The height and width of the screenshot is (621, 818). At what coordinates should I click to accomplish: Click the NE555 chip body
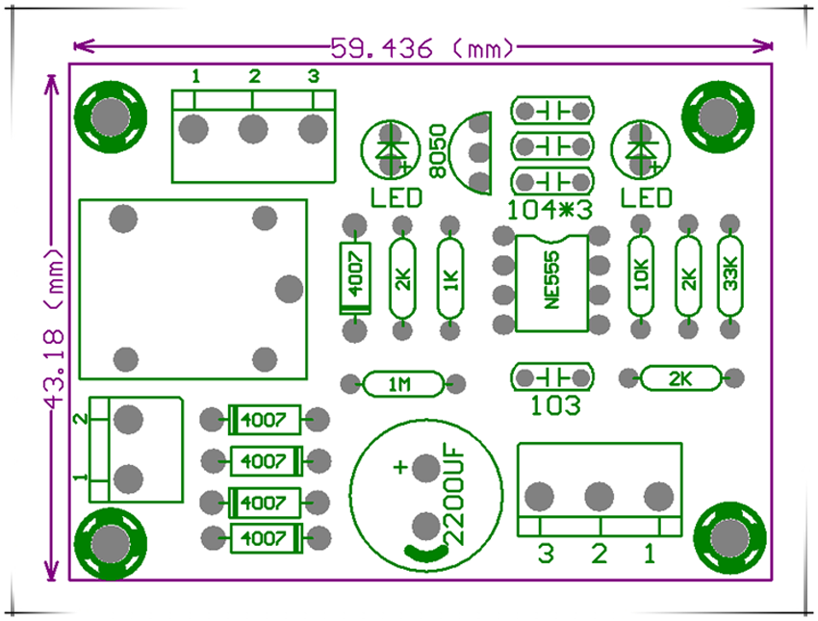click(550, 281)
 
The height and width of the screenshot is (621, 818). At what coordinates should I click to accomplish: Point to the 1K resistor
click(449, 279)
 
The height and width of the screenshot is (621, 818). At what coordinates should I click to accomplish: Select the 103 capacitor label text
click(556, 405)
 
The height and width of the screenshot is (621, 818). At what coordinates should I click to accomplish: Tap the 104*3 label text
click(550, 206)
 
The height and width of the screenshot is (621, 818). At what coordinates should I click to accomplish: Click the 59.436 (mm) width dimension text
click(422, 47)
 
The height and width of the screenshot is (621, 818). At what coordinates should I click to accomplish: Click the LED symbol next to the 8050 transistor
click(391, 151)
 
